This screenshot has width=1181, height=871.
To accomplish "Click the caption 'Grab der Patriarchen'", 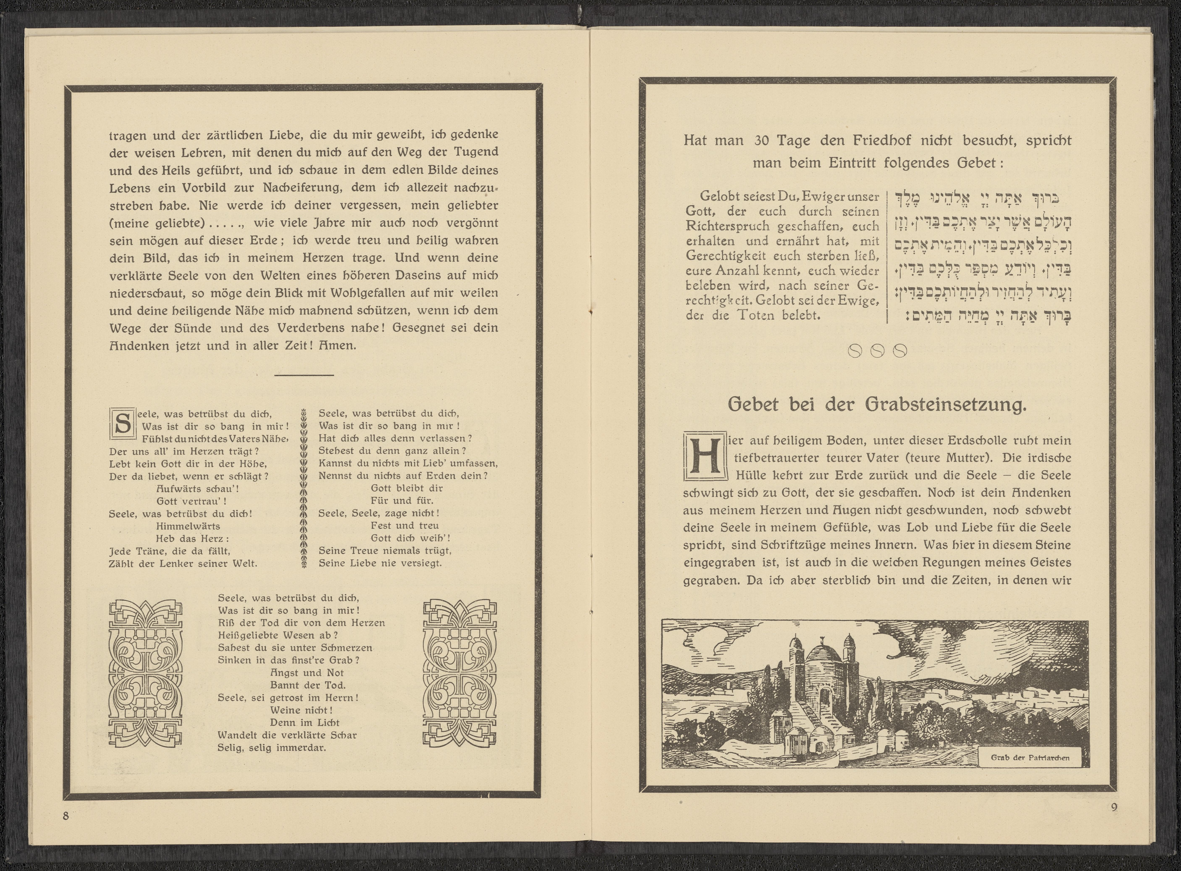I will point(1030,758).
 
